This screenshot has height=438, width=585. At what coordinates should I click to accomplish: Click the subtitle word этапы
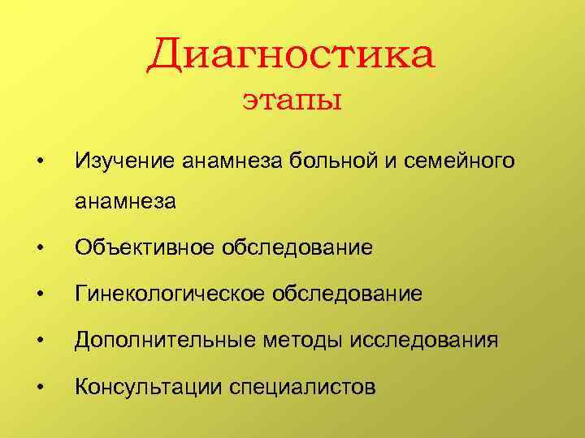[x=292, y=102]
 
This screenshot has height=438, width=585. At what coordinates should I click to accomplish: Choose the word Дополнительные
[x=160, y=340]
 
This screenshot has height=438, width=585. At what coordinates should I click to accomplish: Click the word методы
[x=297, y=340]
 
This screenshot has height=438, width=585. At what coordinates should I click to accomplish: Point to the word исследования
[x=424, y=340]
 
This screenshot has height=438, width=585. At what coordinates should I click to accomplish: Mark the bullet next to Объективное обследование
[x=40, y=247]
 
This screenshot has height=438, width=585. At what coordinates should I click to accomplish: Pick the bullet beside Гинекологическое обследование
[x=40, y=293]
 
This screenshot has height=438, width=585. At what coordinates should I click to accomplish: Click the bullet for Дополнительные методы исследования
[x=40, y=340]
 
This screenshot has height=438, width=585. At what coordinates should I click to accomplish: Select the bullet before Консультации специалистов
[x=40, y=386]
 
